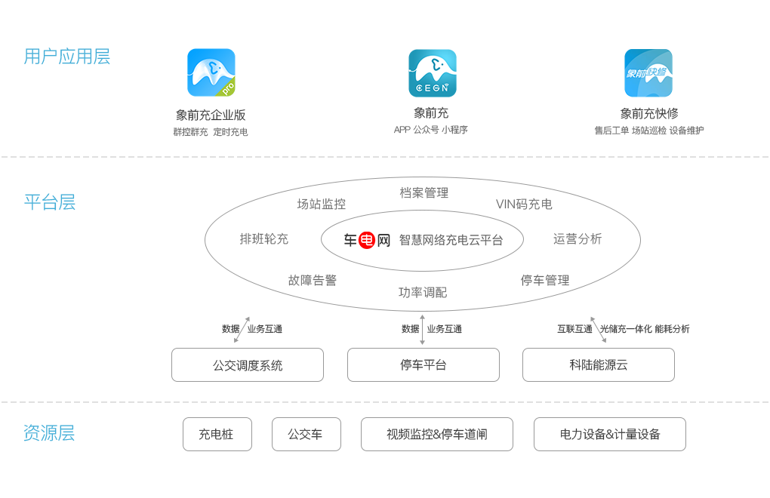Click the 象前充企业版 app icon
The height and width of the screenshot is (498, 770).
coord(211,72)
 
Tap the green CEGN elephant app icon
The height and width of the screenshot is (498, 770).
coord(432,73)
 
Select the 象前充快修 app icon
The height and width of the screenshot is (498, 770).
coord(648,73)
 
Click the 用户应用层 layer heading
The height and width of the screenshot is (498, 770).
coord(66,57)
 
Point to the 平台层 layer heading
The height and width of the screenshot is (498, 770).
coord(50,202)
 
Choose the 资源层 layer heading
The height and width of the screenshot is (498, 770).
coord(49,433)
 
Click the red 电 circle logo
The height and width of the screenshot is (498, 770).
coord(367,240)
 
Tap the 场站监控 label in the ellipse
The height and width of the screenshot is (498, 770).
coord(321,204)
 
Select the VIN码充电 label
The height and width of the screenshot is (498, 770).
coord(524,204)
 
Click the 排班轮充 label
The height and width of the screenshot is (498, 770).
coord(263,239)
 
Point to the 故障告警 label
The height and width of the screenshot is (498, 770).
coord(313,280)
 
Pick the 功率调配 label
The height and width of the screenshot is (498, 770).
coord(423,293)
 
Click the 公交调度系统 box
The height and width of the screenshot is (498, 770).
coord(248,365)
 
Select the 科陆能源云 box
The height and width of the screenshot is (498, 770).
coord(599,365)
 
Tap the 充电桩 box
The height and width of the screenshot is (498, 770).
coord(217,434)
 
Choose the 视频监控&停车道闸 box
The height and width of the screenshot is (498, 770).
coord(437,434)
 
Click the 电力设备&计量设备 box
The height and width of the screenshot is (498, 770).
coord(610,434)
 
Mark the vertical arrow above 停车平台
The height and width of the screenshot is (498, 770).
coord(422,330)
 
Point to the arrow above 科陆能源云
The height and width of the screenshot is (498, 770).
coord(598,330)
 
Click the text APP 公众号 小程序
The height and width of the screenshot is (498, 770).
coord(430,130)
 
